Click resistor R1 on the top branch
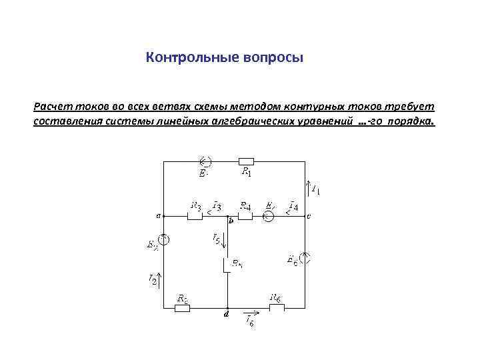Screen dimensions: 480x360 [246, 161]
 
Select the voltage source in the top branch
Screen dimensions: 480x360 [205, 161]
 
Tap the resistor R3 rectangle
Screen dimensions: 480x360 [195, 217]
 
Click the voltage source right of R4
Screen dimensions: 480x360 [268, 217]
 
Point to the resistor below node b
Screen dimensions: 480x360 [227, 265]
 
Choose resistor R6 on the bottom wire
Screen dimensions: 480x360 [275, 308]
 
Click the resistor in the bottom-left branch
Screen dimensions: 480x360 [182, 308]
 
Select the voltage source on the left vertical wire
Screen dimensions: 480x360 [163, 238]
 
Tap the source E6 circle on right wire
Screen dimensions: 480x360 [305, 256]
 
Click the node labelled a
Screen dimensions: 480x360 [163, 217]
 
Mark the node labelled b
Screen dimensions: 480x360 [227, 217]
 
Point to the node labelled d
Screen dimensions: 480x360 [227, 309]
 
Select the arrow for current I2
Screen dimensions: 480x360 [158, 275]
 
